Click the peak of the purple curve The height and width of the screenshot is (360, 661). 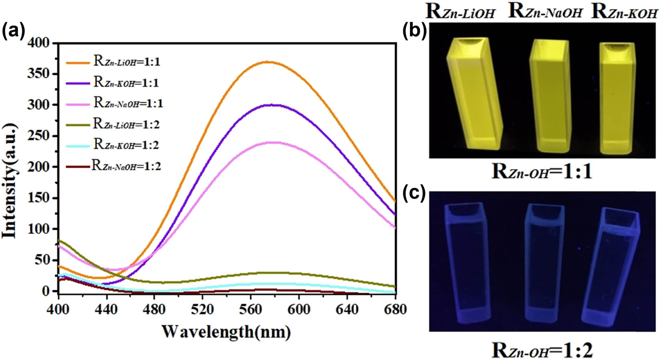click(x=272, y=105)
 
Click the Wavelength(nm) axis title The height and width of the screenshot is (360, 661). click(x=226, y=332)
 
